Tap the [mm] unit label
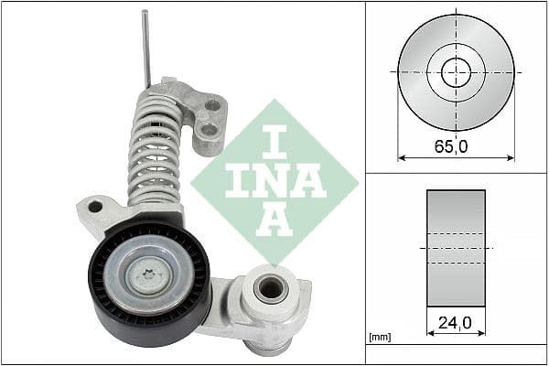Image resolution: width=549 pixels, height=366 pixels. tap(378, 338)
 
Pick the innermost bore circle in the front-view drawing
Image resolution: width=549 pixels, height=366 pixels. tap(456, 71)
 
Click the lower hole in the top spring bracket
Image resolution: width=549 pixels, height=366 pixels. tap(209, 129)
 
